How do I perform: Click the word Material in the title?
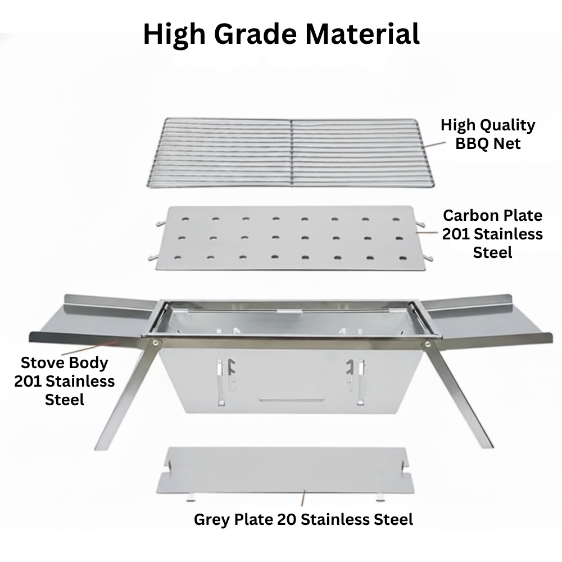[x=362, y=34]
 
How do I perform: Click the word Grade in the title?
[x=256, y=34]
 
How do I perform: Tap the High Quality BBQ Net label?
[x=488, y=134]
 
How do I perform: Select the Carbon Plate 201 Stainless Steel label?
[x=492, y=234]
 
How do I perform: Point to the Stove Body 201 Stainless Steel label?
[x=65, y=381]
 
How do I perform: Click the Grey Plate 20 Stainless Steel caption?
[x=303, y=519]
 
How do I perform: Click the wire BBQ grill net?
[x=291, y=153]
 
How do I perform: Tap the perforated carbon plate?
[x=291, y=238]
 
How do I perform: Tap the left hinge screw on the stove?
[x=156, y=342]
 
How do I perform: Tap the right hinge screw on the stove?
[x=427, y=344]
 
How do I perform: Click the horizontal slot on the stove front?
[x=292, y=398]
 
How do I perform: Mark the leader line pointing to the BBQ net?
[x=434, y=144]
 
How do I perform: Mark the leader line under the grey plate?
[x=303, y=498]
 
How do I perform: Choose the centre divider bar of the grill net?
[x=291, y=153]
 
